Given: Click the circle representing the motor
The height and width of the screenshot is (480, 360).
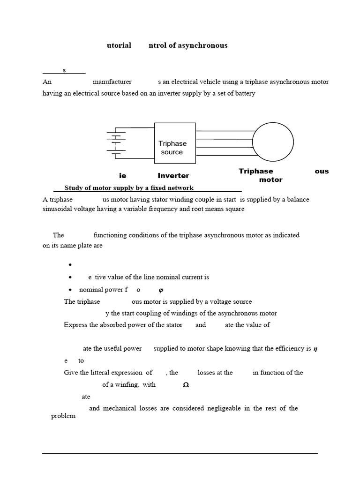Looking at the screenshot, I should [273, 142].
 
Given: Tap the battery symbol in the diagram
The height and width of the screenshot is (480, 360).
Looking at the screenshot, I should [116, 143].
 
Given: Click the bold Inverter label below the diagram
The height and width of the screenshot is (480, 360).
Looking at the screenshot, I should [173, 176].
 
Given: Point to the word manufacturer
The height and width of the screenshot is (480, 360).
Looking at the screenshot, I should [112, 82].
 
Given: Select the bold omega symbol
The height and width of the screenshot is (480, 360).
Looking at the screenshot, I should [185, 385].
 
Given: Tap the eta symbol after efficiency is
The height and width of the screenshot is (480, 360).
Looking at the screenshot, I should [315, 349].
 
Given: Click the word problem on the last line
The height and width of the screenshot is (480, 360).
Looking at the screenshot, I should [63, 416].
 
